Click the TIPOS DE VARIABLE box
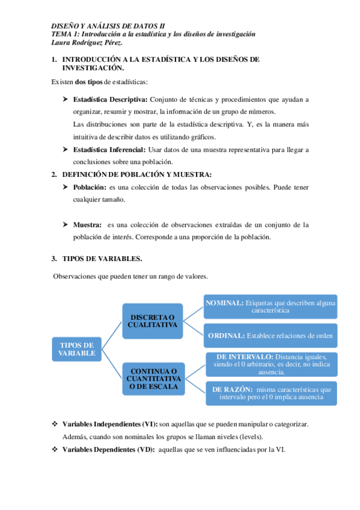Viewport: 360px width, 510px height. click(77, 349)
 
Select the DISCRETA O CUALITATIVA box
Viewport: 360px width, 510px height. click(153, 321)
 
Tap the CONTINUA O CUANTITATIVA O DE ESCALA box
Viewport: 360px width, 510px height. click(153, 379)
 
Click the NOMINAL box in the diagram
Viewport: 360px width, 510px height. click(270, 307)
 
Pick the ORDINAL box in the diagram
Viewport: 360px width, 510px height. click(270, 336)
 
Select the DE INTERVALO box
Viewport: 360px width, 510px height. click(270, 364)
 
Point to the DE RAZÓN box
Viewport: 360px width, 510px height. click(270, 393)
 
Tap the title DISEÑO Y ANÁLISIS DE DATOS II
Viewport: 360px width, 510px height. click(107, 26)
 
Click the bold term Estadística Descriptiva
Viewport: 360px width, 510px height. click(110, 99)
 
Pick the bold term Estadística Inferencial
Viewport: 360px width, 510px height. click(109, 149)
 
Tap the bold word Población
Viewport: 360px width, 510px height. click(90, 187)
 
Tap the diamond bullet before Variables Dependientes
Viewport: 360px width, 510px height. click(55, 449)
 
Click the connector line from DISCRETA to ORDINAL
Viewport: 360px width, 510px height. click(192, 328)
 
